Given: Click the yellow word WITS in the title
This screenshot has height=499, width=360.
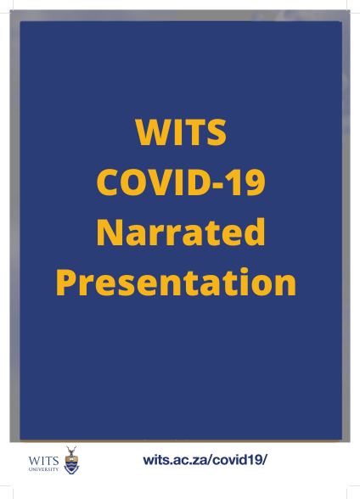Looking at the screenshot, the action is [181, 132].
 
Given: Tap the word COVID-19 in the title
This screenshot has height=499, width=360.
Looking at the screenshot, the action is [181, 182].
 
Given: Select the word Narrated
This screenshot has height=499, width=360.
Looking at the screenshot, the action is [181, 232].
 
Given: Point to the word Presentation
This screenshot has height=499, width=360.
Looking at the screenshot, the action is [176, 282].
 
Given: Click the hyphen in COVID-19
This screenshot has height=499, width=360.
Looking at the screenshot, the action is [217, 185].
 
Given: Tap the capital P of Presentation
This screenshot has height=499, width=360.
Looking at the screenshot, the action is [65, 283].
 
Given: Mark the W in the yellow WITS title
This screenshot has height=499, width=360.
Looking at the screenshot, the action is [153, 132].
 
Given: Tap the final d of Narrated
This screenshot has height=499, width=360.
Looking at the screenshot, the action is [255, 233].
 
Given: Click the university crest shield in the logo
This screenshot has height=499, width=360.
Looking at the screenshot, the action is [71, 464].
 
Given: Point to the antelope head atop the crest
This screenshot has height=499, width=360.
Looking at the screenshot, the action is [71, 451].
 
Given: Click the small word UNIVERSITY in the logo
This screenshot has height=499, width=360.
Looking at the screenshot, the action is [43, 469].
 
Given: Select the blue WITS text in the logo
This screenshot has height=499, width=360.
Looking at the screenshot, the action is [43, 461].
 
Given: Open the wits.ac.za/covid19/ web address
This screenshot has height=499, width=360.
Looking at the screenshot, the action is [205, 460].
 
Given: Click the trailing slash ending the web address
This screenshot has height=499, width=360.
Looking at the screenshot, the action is [265, 460].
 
